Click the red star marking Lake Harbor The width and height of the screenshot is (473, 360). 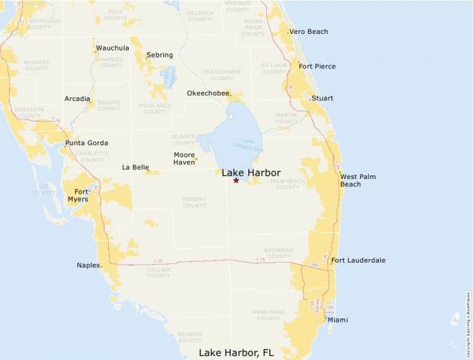tap(236, 180)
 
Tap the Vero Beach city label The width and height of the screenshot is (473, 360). tap(308, 32)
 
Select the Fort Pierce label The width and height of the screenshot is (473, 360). tap(317, 66)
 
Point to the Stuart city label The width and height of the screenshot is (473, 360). tap(322, 98)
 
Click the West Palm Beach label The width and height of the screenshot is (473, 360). tap(358, 180)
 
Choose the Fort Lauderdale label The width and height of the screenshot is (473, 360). tap(358, 260)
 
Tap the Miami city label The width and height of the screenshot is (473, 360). tap(337, 320)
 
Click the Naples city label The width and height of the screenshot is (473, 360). tap(89, 265)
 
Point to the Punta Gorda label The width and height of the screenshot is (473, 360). tap(86, 143)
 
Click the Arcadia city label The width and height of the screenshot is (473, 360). tap(77, 99)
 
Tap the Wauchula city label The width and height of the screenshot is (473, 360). tap(112, 48)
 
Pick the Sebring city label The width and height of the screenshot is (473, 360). tap(160, 55)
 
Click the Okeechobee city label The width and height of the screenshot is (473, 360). tap(208, 93)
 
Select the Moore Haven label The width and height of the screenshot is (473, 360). tap(184, 158)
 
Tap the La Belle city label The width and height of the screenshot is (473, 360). tap(135, 167)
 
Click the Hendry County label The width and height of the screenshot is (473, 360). tap(194, 202)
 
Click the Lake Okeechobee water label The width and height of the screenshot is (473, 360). tap(248, 144)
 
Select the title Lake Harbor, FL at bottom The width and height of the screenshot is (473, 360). tap(236, 353)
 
